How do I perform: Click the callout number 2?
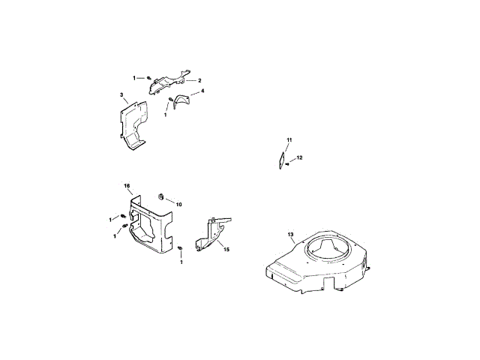point(200,80)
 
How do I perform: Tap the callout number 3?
point(121,95)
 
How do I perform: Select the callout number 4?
point(202,91)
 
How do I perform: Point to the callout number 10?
point(179,204)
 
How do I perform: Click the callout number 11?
point(289,140)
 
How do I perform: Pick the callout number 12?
point(299,158)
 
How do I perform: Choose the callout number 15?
point(226,248)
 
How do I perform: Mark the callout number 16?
point(127,185)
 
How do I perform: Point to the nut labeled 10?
point(160,196)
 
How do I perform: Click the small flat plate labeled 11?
point(279,160)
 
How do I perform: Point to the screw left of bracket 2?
point(150,78)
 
